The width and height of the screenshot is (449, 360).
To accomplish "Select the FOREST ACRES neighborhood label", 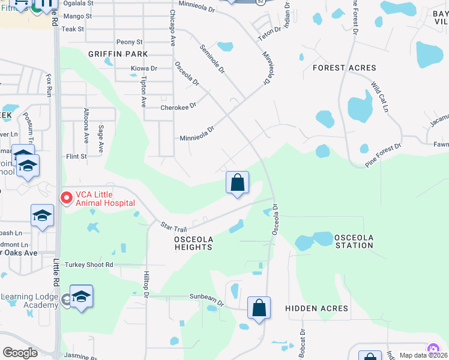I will [x=345, y=68].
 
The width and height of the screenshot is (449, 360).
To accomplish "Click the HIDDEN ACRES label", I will [x=316, y=308].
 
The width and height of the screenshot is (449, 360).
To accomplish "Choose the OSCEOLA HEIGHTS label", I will [x=193, y=243].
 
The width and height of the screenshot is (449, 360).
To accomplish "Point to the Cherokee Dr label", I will [x=178, y=107].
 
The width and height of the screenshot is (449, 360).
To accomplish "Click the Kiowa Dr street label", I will [x=144, y=69].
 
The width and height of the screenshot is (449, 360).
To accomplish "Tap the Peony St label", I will [x=130, y=42].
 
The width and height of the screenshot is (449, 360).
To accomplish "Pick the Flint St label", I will [x=76, y=157].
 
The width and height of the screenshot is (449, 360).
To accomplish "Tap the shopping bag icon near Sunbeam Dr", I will [x=259, y=308].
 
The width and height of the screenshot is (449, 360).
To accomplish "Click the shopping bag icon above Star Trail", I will [x=237, y=183].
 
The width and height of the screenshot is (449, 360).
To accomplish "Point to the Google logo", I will [x=20, y=353].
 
